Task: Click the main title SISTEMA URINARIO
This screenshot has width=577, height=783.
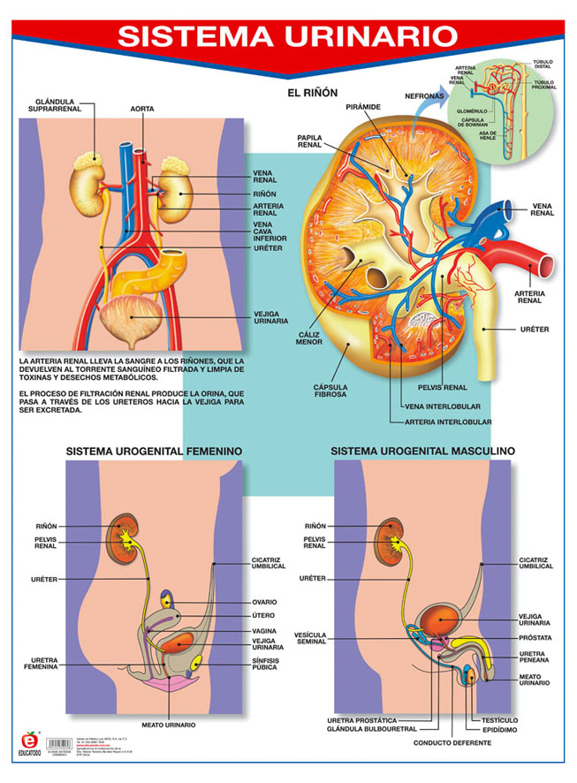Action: tap(288, 36)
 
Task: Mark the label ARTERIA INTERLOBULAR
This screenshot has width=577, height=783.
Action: tap(447, 422)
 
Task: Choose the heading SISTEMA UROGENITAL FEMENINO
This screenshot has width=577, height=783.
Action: tap(154, 451)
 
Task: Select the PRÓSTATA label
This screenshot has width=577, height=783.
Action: tap(535, 636)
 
